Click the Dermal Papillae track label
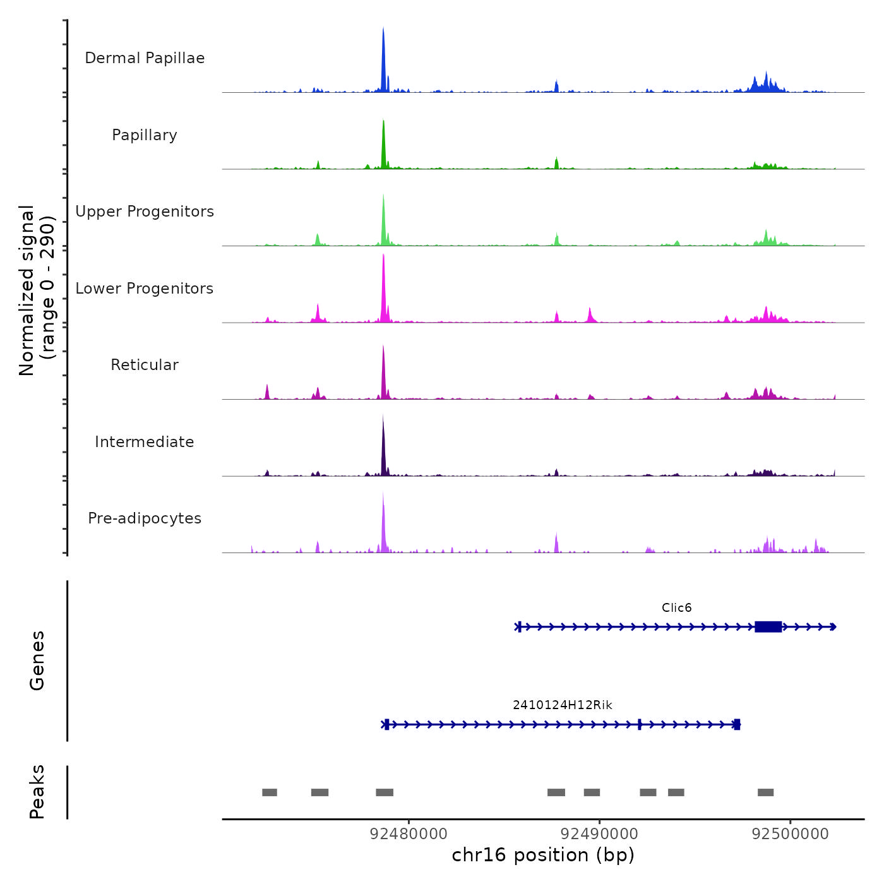tap(145, 58)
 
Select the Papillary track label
tap(145, 135)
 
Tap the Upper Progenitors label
tap(145, 212)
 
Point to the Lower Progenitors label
tap(145, 289)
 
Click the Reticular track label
tap(145, 365)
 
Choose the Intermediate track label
tap(145, 442)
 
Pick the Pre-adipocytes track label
tap(145, 518)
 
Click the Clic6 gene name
tap(676, 607)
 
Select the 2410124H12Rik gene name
tap(562, 705)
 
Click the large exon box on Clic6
tap(768, 626)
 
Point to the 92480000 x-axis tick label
tap(409, 833)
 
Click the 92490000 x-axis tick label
tap(599, 833)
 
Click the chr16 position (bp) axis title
tap(543, 855)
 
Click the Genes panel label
tap(37, 660)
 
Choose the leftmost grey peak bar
tap(270, 792)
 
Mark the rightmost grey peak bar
tap(765, 792)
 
